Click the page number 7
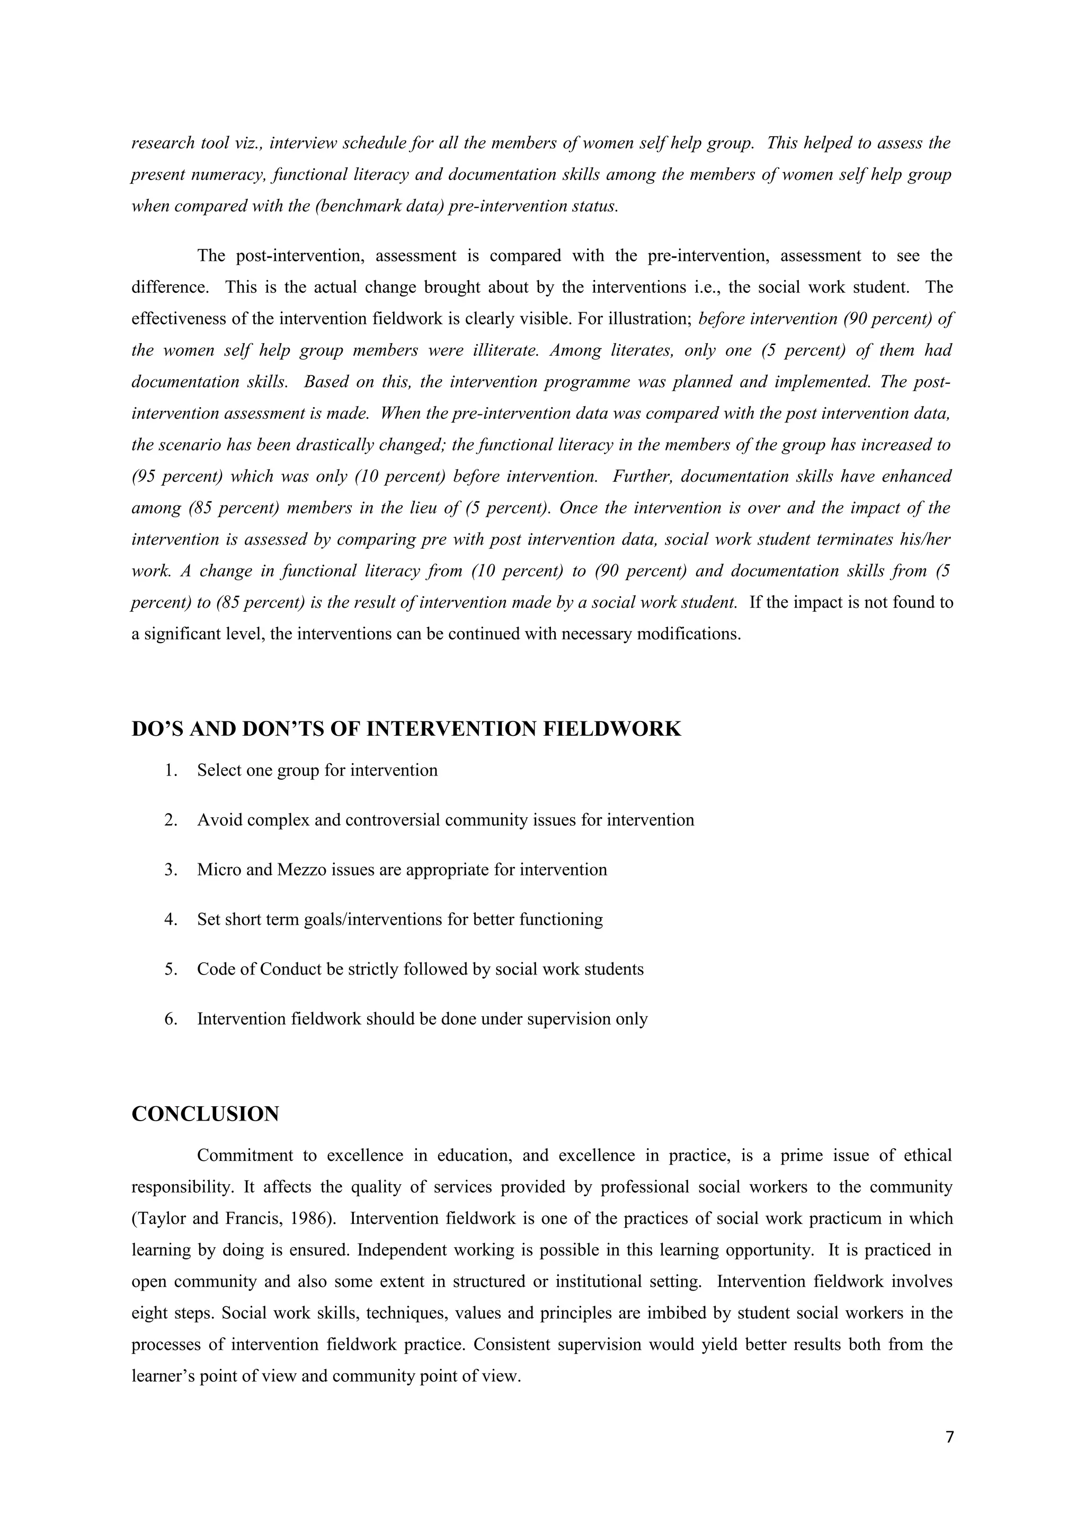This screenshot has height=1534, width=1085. [x=950, y=1437]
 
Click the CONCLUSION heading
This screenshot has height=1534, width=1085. [x=205, y=1114]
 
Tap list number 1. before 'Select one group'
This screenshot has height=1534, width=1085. [x=171, y=770]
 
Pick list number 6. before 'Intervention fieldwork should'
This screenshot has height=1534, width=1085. [x=171, y=1019]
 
